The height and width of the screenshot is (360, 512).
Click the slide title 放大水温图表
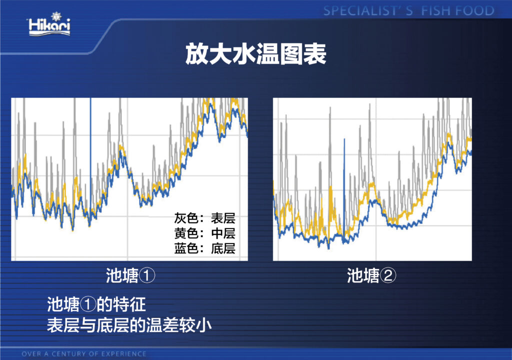point(255,54)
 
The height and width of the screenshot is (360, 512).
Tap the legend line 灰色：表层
point(204,218)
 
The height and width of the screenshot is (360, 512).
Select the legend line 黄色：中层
point(204,233)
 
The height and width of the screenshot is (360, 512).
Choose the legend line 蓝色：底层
point(204,248)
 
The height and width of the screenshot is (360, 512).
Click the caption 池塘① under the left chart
point(130,275)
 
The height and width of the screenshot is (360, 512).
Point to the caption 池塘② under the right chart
point(371,275)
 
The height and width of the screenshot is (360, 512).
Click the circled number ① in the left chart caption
point(147,276)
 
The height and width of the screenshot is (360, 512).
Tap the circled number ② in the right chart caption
point(388,276)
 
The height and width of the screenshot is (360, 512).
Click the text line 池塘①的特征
point(96,305)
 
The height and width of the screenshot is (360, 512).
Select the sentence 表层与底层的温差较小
point(129,325)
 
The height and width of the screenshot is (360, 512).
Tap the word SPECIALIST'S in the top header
point(368,11)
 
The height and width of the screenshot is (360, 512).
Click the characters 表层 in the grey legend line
point(223,218)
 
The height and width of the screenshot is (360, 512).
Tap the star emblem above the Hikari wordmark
point(56,16)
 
